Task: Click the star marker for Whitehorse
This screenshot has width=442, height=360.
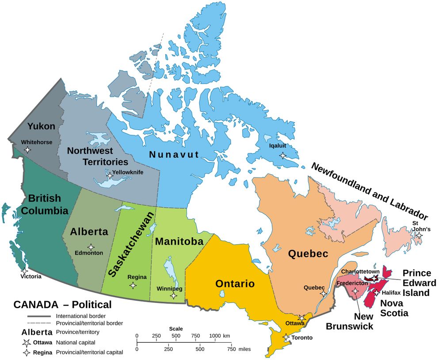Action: (27, 150)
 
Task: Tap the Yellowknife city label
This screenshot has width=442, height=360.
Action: (128, 172)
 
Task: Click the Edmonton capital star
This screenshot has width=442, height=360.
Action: (91, 247)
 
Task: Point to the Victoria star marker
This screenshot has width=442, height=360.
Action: (24, 270)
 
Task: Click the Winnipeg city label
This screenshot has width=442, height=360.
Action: (170, 289)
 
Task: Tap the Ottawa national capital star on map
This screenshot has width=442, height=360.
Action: (302, 318)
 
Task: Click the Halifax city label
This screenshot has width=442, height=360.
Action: (391, 293)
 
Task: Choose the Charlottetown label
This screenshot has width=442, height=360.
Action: (360, 272)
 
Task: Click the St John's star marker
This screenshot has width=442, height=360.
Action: (419, 236)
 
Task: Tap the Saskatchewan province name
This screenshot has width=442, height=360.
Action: (131, 245)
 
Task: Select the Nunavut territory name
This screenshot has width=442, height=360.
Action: (174, 154)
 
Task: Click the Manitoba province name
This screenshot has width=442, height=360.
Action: (179, 241)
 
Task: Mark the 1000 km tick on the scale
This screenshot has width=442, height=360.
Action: (215, 341)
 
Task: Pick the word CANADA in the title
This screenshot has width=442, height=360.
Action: (36, 305)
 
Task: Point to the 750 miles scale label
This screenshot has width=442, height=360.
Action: (231, 349)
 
